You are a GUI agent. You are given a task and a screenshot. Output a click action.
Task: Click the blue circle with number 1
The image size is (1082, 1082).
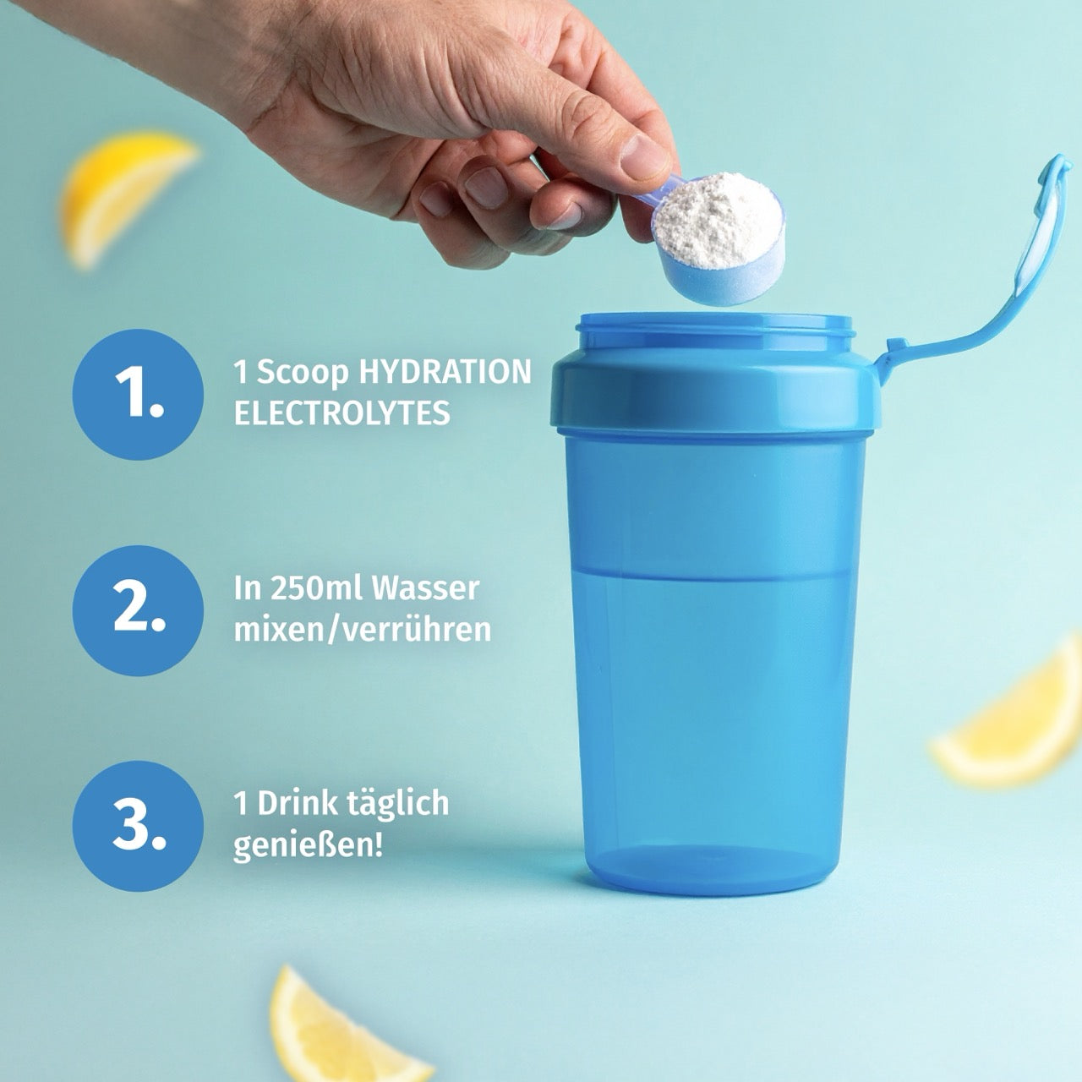(138, 394)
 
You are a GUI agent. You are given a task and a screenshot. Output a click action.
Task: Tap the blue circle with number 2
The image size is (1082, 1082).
(138, 610)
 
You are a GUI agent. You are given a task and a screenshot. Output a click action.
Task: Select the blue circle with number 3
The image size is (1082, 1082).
(138, 826)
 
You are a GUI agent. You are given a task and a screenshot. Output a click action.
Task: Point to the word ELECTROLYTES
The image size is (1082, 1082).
(342, 413)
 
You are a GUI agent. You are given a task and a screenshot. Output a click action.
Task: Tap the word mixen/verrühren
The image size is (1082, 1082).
(362, 630)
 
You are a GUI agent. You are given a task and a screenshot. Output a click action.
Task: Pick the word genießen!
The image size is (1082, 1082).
(308, 845)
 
